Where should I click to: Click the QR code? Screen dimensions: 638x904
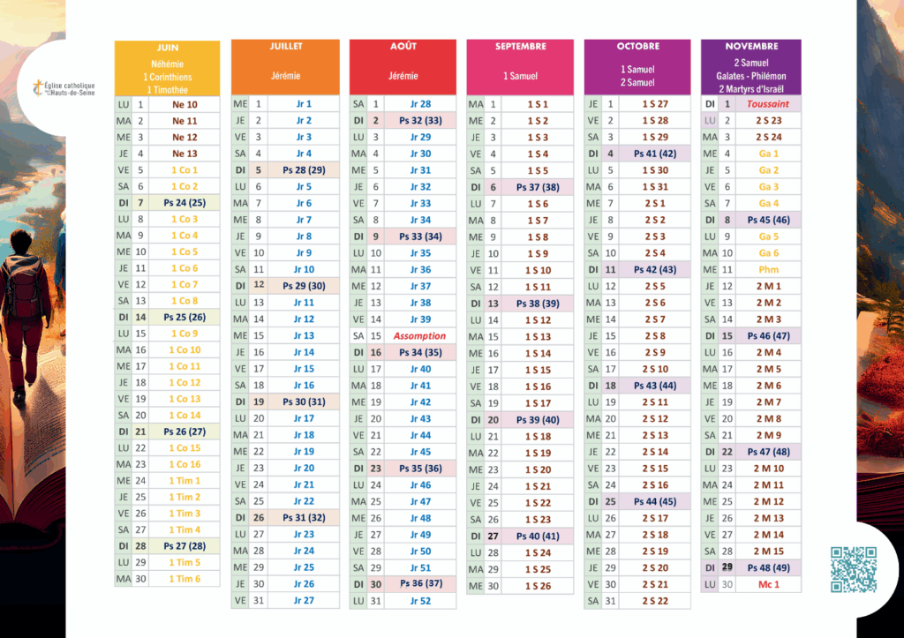854,569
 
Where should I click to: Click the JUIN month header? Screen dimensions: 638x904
167,47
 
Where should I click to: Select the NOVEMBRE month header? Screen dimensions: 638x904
751,46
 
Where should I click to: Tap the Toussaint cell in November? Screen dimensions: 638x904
767,104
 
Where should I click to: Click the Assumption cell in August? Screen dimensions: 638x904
419,336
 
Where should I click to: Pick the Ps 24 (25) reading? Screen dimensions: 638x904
184,203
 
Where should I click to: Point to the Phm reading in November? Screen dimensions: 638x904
768,269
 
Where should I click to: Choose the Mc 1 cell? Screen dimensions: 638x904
768,584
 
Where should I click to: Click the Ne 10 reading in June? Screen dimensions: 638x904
185,104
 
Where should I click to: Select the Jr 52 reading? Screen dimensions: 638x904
420,601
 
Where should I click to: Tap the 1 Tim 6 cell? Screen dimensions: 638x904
185,579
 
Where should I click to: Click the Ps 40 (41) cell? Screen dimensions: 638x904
538,536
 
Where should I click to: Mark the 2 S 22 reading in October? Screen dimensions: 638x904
655,601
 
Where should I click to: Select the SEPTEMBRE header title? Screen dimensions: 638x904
520,46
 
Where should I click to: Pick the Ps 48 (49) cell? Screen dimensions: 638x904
768,567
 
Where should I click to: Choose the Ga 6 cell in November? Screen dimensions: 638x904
768,253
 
